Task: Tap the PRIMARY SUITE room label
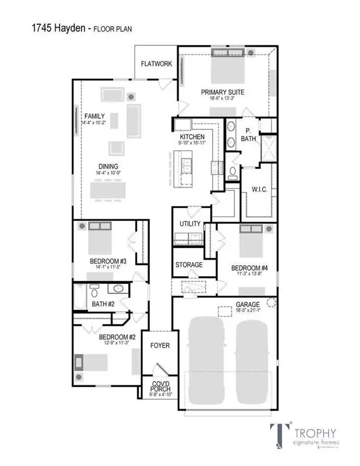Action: coord(225,92)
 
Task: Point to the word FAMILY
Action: coord(95,116)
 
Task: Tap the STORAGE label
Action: coord(189,265)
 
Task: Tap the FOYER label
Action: coord(160,346)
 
